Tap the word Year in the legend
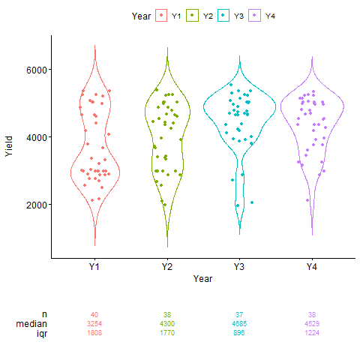pyautogui.click(x=140, y=16)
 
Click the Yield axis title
pyautogui.click(x=9, y=145)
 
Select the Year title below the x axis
pyautogui.click(x=202, y=278)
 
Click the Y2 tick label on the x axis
pyautogui.click(x=166, y=266)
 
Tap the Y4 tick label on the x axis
pyautogui.click(x=312, y=266)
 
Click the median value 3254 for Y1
pyautogui.click(x=94, y=323)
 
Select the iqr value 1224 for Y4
pyautogui.click(x=312, y=332)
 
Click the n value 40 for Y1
pyautogui.click(x=94, y=314)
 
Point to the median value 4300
pyautogui.click(x=167, y=323)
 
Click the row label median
pyautogui.click(x=34, y=323)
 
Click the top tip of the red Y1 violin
pyautogui.click(x=94, y=44)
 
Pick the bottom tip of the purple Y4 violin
pyautogui.click(x=312, y=235)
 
